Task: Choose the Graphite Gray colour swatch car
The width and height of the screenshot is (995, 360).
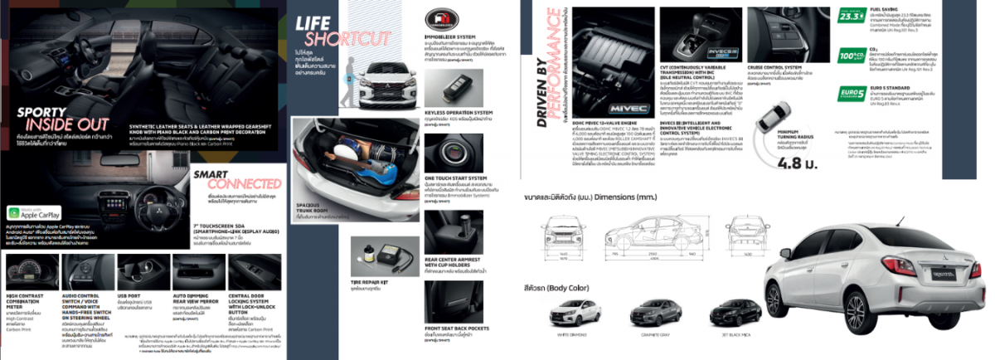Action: (x=653, y=313)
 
